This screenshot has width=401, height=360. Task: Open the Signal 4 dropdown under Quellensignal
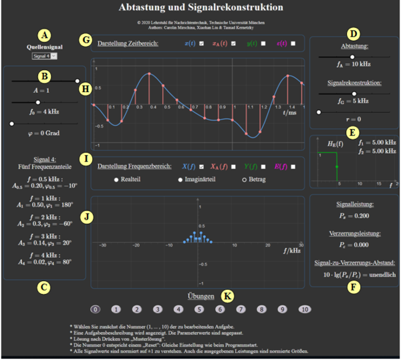45,56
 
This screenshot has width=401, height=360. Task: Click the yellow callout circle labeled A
45,35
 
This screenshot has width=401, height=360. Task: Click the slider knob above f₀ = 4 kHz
37,102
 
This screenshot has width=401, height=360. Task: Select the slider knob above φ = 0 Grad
12,124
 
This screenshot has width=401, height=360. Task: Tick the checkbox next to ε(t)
293,43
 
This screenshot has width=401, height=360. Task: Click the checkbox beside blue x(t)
202,43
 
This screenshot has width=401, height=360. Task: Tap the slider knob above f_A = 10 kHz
352,57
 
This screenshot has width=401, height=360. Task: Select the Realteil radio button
116,180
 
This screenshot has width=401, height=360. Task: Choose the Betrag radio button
244,180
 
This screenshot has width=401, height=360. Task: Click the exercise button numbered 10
304,309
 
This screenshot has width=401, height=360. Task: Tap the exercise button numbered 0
96,309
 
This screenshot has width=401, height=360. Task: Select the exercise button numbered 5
199,309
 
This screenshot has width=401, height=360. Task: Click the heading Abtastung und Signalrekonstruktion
200,8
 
